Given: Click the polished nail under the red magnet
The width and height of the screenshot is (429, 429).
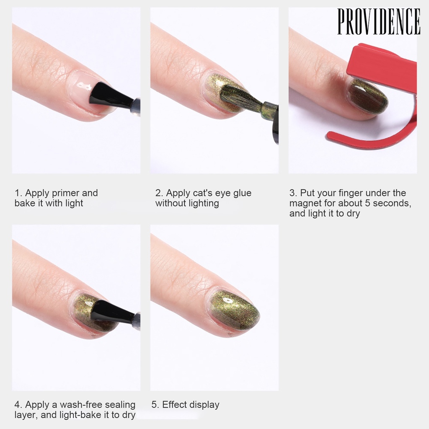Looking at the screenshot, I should [x=367, y=96].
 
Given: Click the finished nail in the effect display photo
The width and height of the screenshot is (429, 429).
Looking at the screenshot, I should [x=235, y=310].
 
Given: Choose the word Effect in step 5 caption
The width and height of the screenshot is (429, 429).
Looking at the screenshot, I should [x=175, y=405].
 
